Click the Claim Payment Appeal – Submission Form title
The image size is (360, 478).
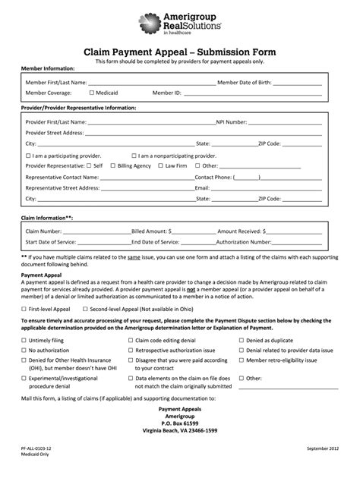[x=180, y=50]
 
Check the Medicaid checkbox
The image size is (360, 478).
[x=92, y=93]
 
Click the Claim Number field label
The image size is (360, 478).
[x=43, y=231]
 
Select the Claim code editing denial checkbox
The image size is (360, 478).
[x=129, y=341]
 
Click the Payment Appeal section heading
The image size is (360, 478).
[x=42, y=276]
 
